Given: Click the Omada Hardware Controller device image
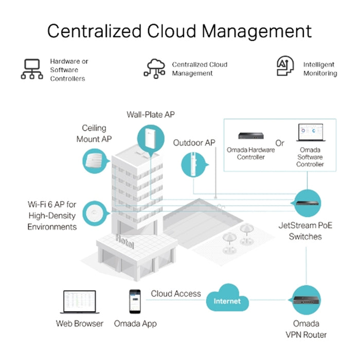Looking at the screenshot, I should tap(250, 136).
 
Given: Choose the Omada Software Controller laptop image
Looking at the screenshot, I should tap(310, 135).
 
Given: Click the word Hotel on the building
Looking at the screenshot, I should tap(124, 241).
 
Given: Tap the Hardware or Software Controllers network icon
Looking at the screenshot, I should tap(32, 69).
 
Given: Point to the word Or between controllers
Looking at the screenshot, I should tap(280, 142).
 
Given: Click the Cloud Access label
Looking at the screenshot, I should tap(176, 293).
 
